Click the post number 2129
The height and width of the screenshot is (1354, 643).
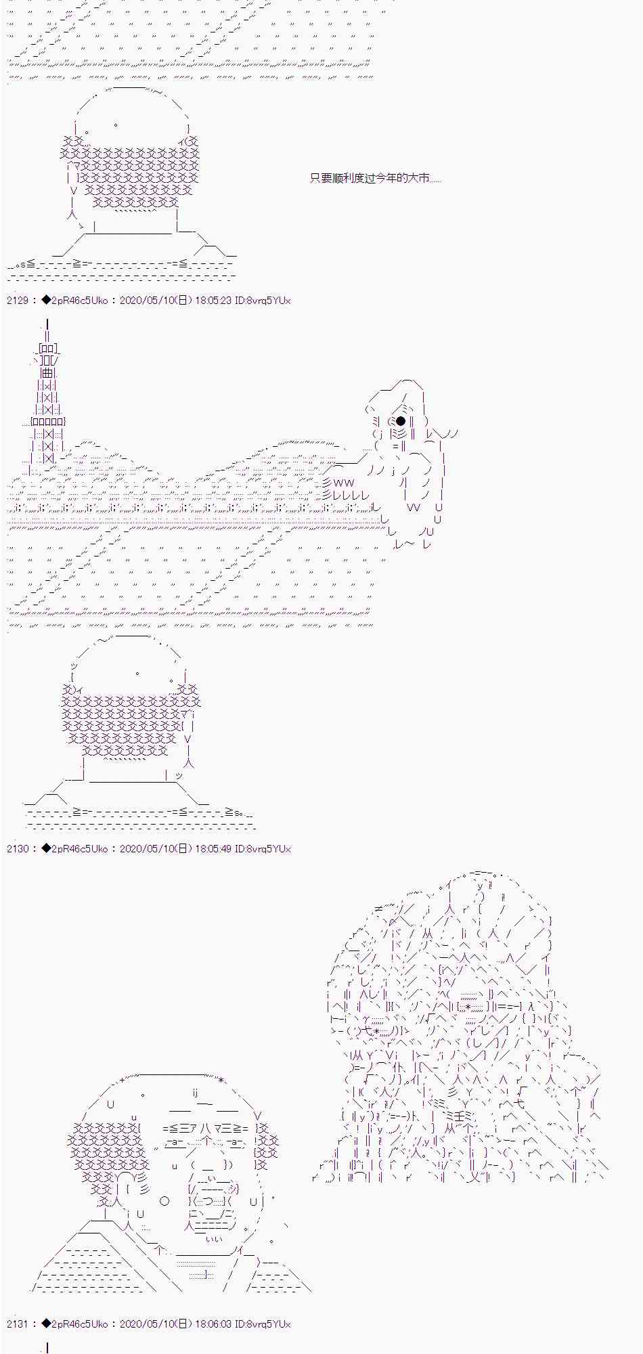tap(18, 300)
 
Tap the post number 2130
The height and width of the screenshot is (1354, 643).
tap(18, 848)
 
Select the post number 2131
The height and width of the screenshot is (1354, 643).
tap(18, 1324)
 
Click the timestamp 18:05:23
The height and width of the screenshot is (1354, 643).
tap(213, 300)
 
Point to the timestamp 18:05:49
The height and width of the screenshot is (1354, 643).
tap(213, 848)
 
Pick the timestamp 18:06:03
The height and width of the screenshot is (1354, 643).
tap(213, 1324)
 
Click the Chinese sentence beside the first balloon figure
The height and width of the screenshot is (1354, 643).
tap(376, 178)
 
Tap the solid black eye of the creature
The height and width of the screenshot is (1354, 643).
tap(401, 421)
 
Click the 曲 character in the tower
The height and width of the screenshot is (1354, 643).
tap(47, 372)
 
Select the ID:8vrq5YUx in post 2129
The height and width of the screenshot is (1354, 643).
tap(263, 300)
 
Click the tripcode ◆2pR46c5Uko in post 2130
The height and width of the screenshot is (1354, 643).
tap(74, 848)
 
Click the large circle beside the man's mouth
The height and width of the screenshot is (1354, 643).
tap(164, 1202)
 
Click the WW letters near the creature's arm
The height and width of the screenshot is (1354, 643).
tap(343, 483)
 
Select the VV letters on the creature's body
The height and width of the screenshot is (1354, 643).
tap(414, 507)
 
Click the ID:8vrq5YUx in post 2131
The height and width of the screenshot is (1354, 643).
tap(263, 1324)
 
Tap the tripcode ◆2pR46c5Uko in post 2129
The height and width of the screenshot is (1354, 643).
tap(74, 300)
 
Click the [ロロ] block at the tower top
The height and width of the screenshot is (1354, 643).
tap(49, 349)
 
